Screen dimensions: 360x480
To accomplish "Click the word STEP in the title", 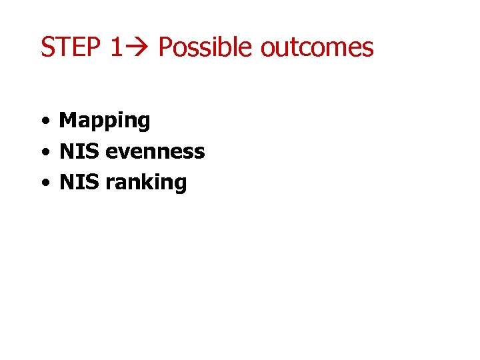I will (69, 47).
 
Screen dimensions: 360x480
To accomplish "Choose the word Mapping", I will (105, 121).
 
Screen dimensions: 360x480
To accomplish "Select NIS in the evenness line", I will (79, 151).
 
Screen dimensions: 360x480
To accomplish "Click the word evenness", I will (155, 152).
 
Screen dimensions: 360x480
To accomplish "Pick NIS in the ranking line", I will (79, 182).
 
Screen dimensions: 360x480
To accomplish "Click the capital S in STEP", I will (48, 47).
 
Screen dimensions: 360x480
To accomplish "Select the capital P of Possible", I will (165, 47).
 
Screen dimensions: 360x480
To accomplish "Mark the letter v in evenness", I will (122, 153).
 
